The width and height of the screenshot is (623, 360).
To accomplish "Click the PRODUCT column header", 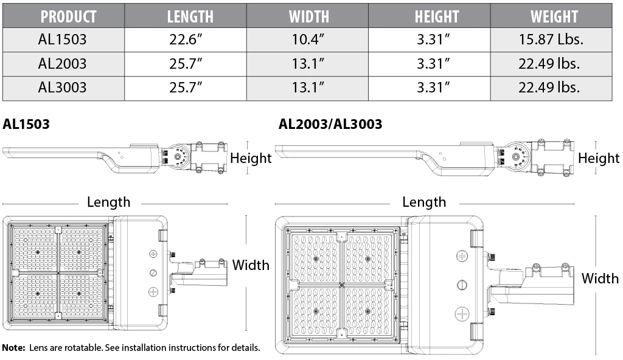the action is pos(68,16).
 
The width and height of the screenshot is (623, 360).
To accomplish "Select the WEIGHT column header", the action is pos(554,16).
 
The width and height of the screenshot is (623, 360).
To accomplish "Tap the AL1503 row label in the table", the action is pos(63,40).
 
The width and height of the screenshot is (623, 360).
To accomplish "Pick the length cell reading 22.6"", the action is pos(186,40).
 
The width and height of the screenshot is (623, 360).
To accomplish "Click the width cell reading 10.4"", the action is pos(308,40).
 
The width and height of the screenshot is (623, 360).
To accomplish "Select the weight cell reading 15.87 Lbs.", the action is pos(551,40).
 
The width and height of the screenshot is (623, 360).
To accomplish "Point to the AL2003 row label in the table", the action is pos(63,64).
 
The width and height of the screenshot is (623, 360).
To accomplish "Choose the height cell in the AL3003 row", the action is pos(433,88).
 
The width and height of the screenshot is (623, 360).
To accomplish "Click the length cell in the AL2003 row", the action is pos(186,64).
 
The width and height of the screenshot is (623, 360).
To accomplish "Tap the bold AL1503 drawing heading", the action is pos(26,124).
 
